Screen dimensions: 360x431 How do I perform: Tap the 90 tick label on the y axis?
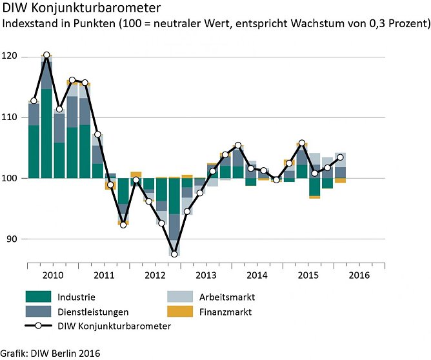coord(12,239)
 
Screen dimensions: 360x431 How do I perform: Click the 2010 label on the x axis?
coord(53,275)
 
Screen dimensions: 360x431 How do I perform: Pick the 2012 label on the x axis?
coord(155,275)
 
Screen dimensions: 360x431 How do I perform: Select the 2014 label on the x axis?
coord(257,275)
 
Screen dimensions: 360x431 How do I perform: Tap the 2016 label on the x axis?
coord(359,275)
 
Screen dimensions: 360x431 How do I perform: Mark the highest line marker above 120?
coord(46,55)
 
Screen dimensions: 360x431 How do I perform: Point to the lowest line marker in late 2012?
coord(174,254)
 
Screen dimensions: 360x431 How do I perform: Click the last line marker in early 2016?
coord(340,157)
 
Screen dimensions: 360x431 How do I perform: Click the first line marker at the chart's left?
coord(34,101)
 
